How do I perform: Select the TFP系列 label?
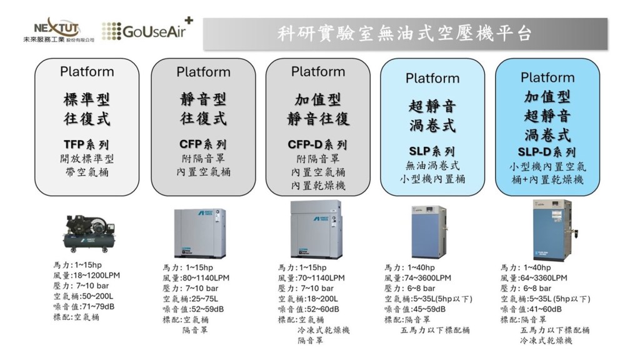tap(87, 144)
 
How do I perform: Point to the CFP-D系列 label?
tap(318, 144)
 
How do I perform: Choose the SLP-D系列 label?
tap(547, 152)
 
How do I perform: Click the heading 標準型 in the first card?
tap(87, 99)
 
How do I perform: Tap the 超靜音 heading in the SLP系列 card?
tap(432, 106)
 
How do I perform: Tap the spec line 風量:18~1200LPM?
tap(87, 275)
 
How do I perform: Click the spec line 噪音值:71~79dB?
tap(87, 307)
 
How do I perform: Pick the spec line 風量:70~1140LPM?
tap(311, 278)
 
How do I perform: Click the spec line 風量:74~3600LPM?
tap(417, 278)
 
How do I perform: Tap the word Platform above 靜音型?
tap(203, 72)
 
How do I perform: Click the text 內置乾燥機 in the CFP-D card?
tap(318, 186)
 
